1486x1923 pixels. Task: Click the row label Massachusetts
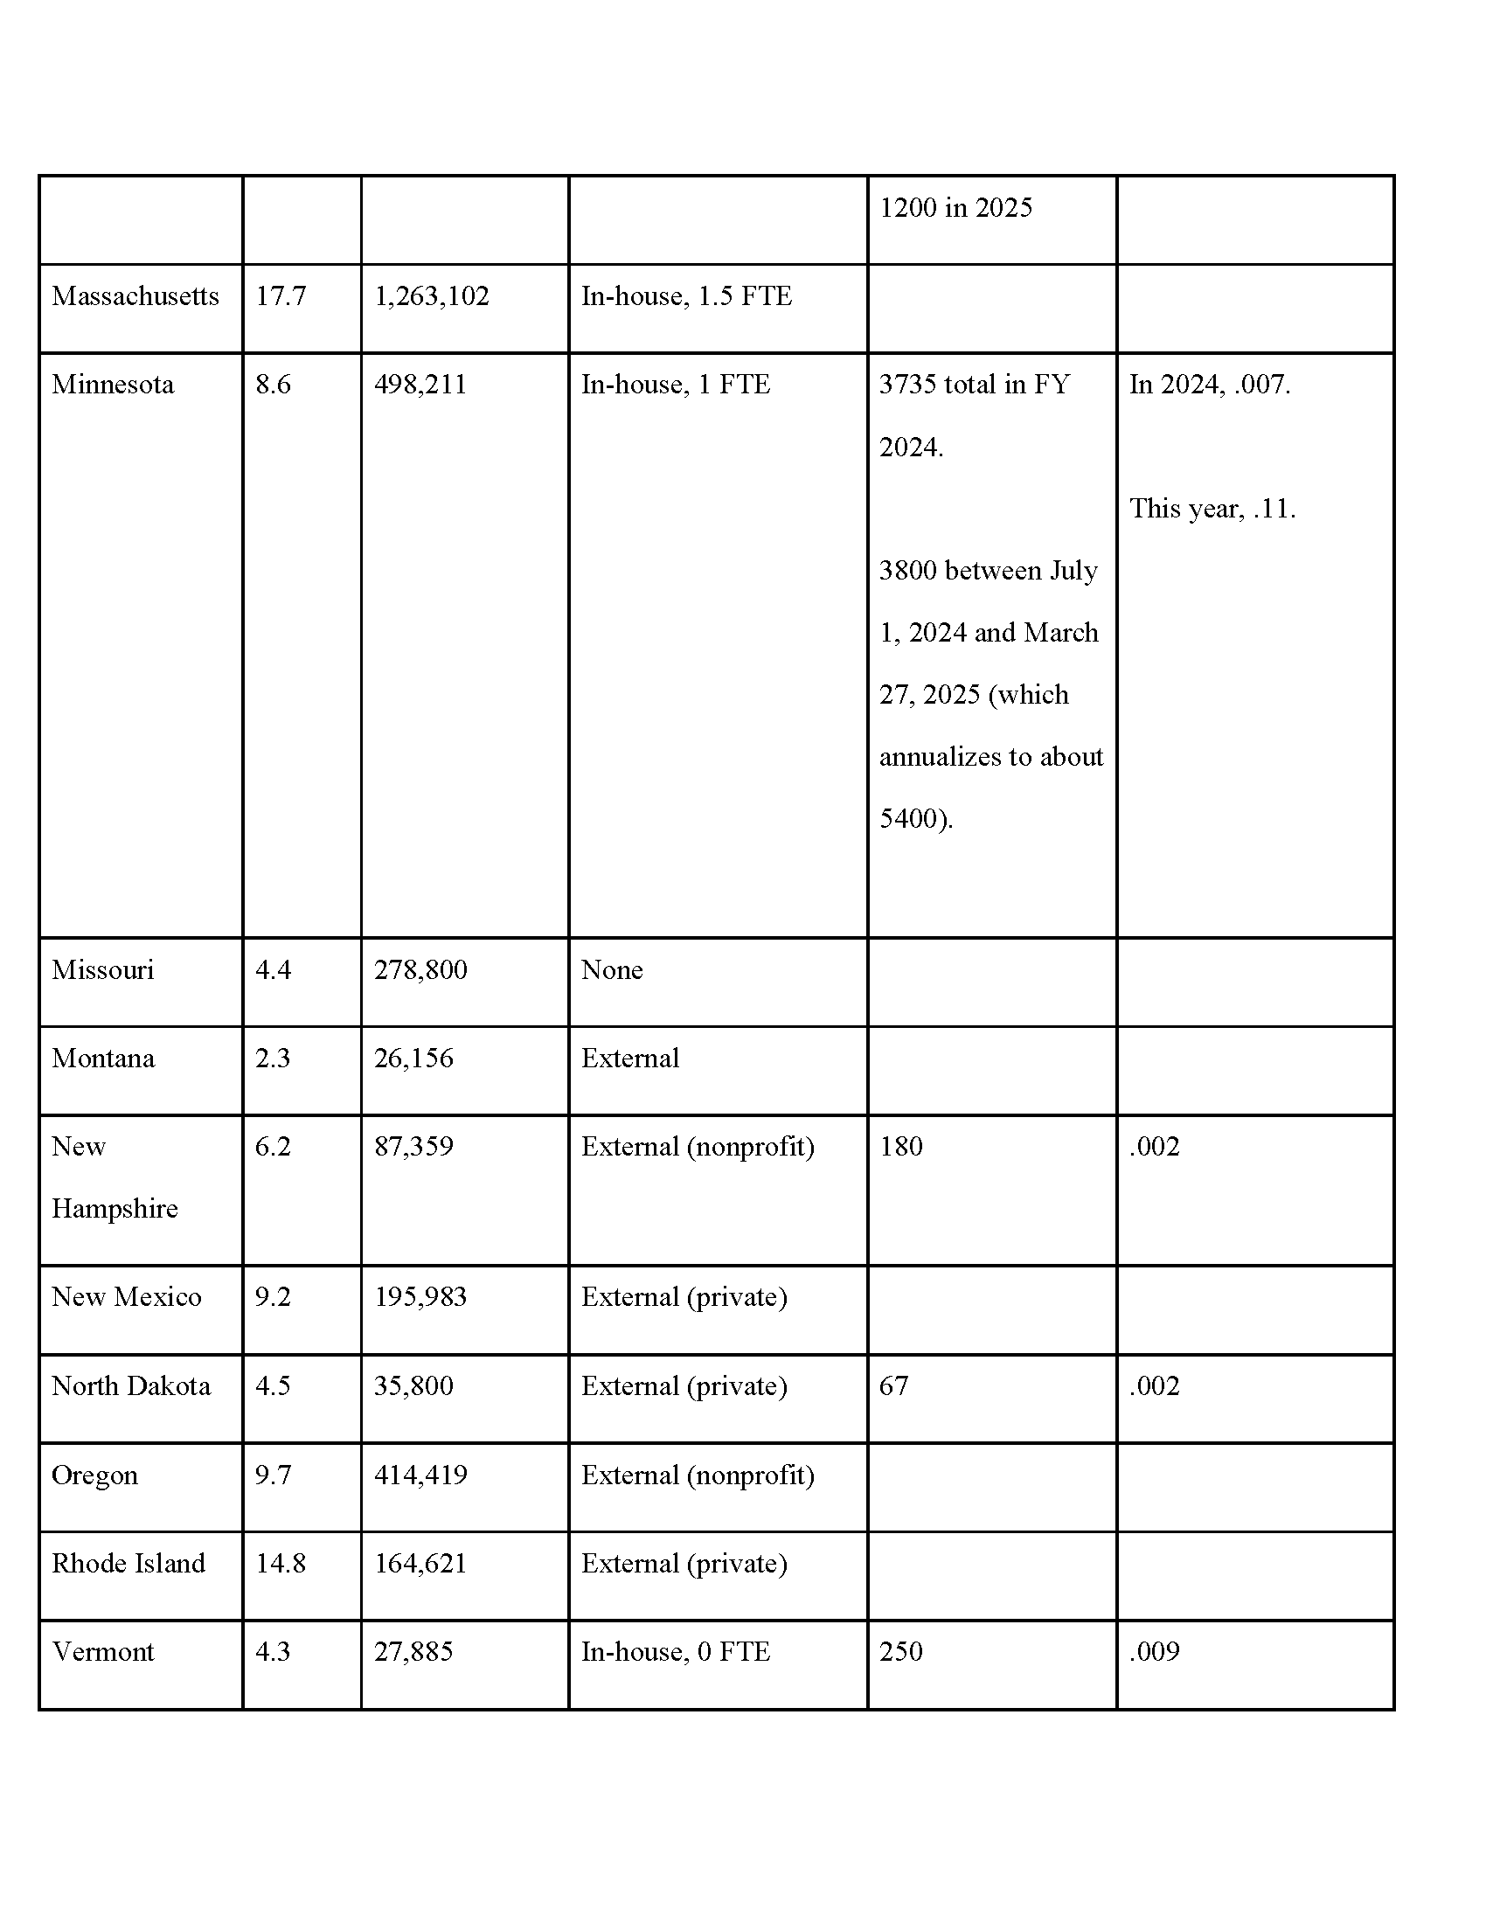pos(135,295)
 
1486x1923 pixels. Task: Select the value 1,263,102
pos(431,295)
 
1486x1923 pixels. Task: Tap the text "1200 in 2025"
pos(955,208)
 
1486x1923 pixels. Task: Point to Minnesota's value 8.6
pos(273,385)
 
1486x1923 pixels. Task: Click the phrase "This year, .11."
pos(1212,509)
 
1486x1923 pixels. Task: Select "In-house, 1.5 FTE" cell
pos(686,295)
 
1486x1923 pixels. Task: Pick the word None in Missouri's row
pos(612,970)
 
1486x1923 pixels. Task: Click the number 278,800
pos(420,970)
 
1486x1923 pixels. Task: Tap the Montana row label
pos(103,1059)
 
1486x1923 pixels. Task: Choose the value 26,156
pos(413,1059)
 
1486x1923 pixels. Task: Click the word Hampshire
pos(115,1209)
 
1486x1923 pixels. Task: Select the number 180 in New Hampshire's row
pos(900,1147)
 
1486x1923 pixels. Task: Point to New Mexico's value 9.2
pos(273,1297)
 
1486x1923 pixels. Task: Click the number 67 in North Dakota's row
pos(893,1386)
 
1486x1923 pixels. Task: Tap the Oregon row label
pos(94,1475)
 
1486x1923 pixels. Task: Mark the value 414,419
pos(420,1475)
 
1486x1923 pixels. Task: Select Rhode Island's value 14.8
pos(280,1563)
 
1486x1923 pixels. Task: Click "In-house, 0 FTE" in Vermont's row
pos(675,1651)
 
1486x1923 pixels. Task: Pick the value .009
pos(1154,1651)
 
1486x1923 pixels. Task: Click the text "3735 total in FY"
pos(975,385)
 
